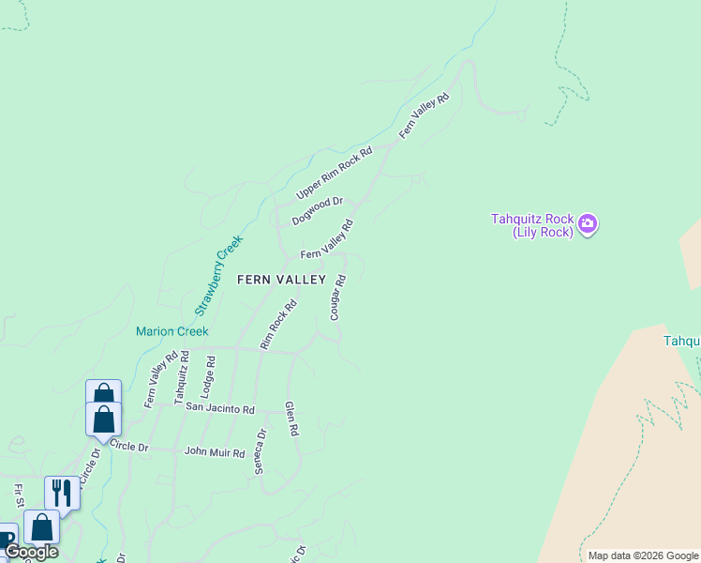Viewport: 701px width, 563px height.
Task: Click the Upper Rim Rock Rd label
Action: point(335,173)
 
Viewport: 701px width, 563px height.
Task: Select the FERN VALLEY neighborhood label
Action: point(281,280)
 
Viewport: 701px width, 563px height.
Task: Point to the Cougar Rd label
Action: point(339,297)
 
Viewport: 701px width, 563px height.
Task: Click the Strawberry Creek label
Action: point(218,275)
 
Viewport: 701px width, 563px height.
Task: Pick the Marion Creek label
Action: point(172,331)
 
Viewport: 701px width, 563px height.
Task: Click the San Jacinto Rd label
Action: point(220,409)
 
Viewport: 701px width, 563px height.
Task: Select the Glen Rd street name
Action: point(291,418)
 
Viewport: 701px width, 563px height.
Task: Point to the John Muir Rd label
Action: point(215,452)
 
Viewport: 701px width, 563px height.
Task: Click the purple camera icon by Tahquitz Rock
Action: point(588,223)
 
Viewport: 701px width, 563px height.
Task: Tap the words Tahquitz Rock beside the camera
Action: point(530,219)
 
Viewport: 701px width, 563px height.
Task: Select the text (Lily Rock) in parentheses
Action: point(543,233)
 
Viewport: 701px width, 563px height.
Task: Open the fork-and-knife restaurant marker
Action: point(62,492)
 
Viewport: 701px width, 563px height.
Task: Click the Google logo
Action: point(31,552)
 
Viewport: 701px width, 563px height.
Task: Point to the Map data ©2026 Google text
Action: point(642,555)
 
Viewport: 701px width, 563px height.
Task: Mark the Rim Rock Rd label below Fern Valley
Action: point(278,325)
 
